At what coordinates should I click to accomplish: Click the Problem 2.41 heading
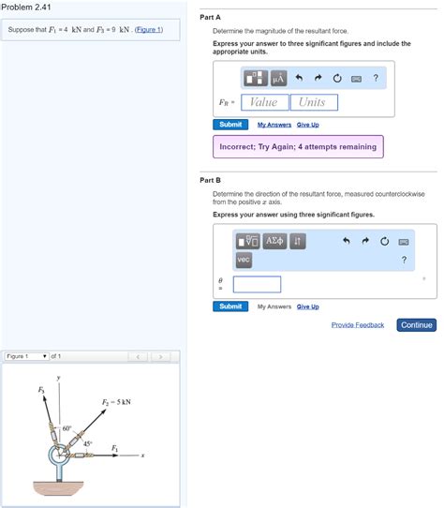point(25,8)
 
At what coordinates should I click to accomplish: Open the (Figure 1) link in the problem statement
point(149,30)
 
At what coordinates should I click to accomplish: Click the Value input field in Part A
point(264,102)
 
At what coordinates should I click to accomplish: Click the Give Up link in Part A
point(307,125)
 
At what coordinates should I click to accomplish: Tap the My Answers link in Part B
point(274,306)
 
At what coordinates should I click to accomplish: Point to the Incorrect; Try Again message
point(297,147)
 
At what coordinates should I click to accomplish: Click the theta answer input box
point(257,284)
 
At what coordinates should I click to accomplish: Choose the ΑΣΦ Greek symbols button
point(274,241)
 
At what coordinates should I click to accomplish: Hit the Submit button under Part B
point(229,306)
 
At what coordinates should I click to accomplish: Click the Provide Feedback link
point(357,325)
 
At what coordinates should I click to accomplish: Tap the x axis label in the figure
point(142,457)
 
